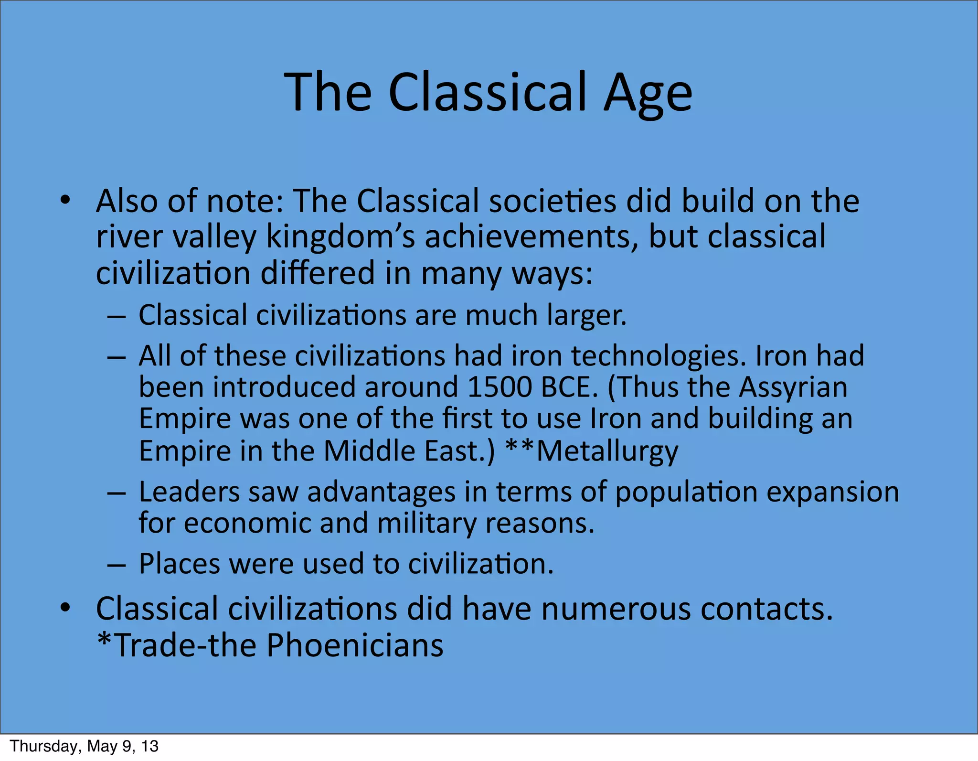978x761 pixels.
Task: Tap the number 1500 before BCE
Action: [500, 387]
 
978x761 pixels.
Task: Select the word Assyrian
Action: [793, 387]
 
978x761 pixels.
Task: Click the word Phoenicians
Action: [355, 645]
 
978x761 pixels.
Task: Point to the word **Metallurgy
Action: [592, 450]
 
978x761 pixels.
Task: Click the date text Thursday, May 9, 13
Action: [84, 746]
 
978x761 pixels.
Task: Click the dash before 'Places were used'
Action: [117, 565]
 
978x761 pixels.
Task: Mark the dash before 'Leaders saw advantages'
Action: [117, 493]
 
